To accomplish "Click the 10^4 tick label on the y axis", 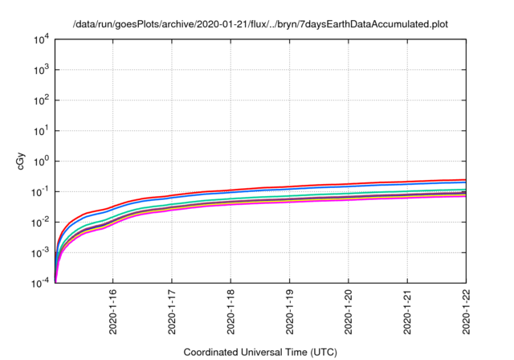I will click(41, 39).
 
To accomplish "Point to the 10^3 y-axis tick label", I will click(41, 69).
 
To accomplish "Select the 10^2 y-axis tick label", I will click(41, 100).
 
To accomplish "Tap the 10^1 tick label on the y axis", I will click(41, 130).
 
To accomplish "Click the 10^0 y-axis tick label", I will click(41, 161).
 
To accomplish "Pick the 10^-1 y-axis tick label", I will click(40, 191).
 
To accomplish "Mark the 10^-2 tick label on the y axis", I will click(40, 222).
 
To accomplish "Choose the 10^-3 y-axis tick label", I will click(40, 252).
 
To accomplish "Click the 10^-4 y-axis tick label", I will click(40, 283).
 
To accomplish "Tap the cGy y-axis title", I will click(21, 160).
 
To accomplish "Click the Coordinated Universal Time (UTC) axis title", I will click(260, 352).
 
